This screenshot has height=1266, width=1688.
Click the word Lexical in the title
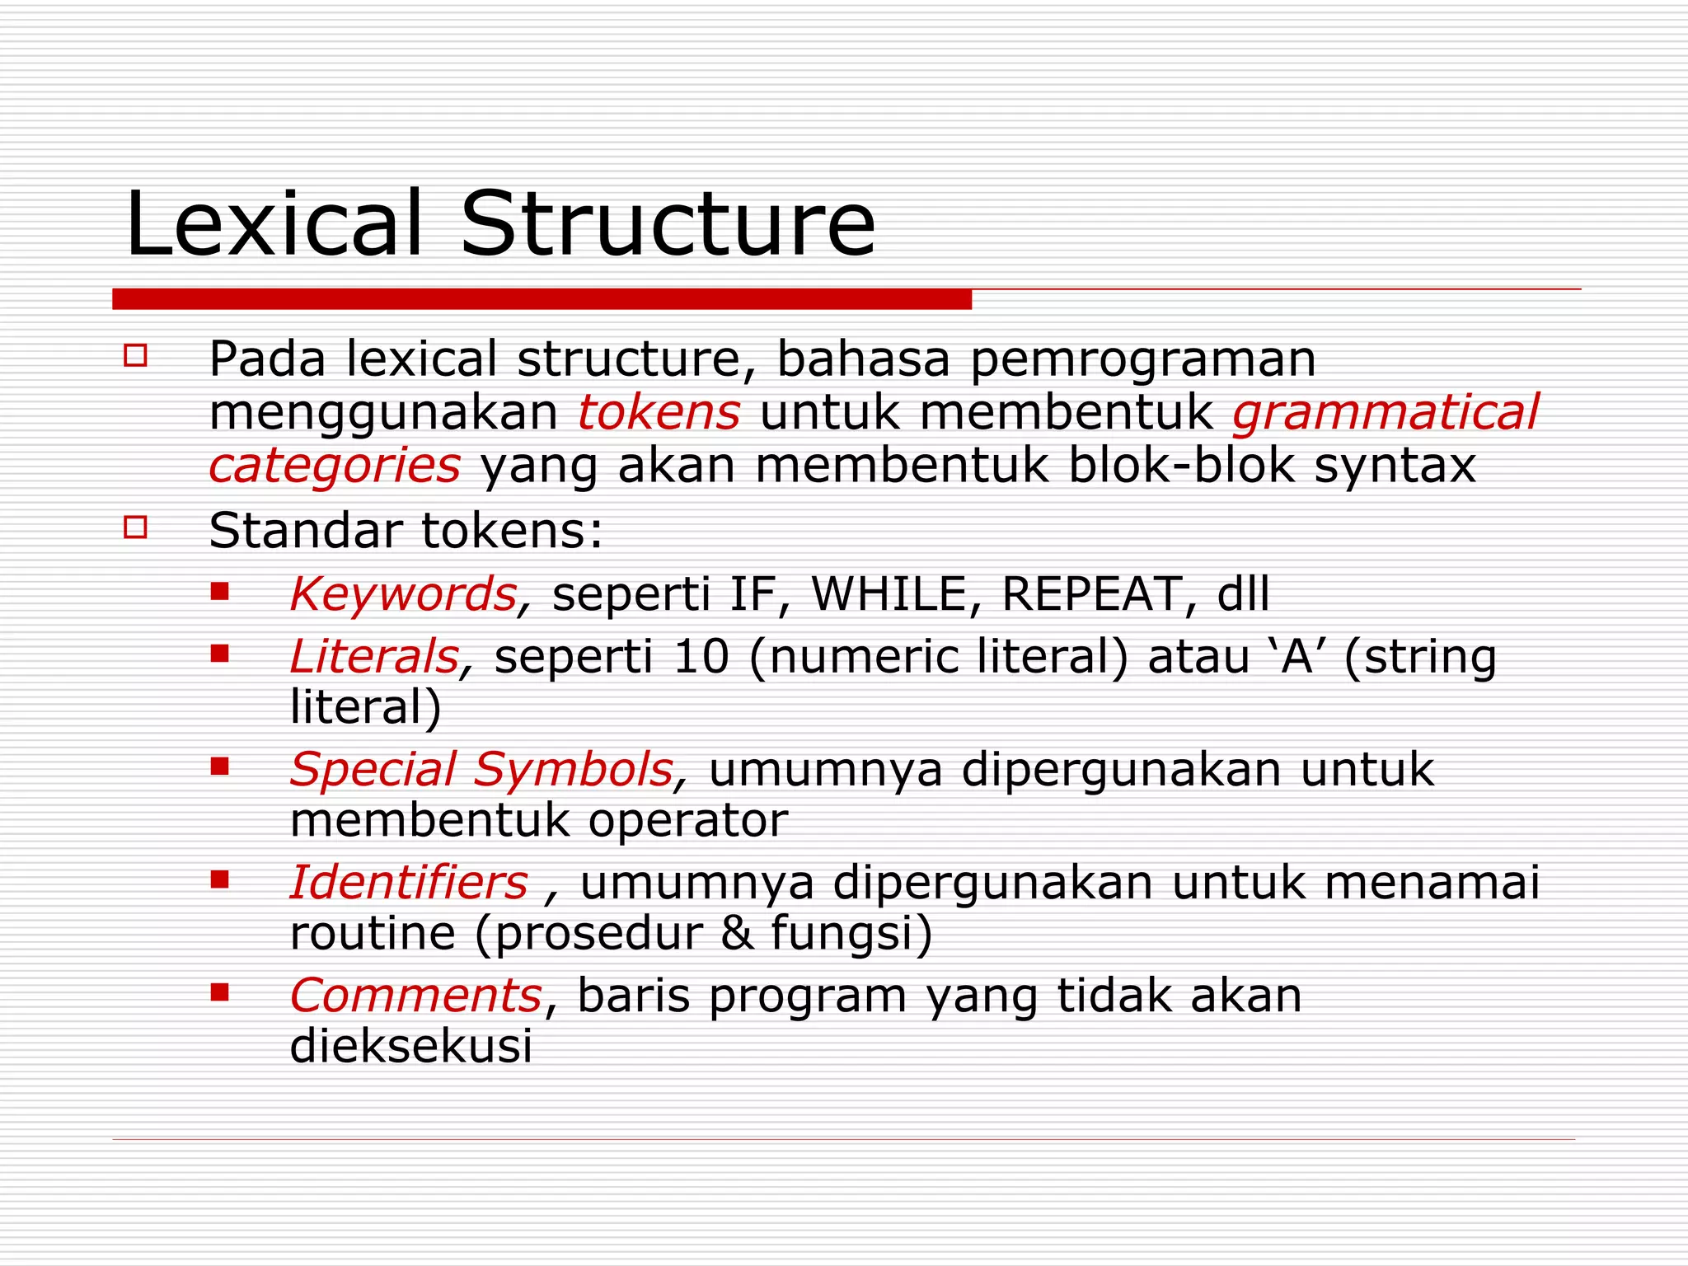pos(274,224)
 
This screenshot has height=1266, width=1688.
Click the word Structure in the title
pos(668,224)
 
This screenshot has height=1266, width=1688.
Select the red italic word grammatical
pos(1385,414)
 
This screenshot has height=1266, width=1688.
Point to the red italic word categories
pos(334,467)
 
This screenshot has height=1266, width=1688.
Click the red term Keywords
pos(403,594)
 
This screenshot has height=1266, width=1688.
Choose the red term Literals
pos(373,657)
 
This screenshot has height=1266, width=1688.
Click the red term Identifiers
pos(409,883)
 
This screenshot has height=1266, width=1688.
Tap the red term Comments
pos(415,996)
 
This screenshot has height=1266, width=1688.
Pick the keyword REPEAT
pos(1091,594)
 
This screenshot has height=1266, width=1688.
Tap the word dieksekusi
pos(410,1047)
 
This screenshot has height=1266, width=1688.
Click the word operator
pos(688,821)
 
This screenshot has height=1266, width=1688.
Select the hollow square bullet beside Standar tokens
pos(135,527)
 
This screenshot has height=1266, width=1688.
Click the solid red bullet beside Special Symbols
pos(219,767)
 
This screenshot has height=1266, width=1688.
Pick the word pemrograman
pos(1142,359)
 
